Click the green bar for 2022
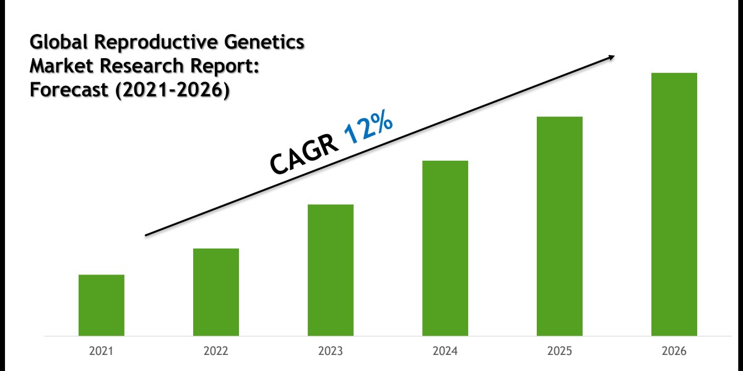(x=215, y=292)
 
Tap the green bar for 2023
(x=330, y=270)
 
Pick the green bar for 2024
(x=445, y=248)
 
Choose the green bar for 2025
(x=559, y=226)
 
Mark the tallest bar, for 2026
(x=674, y=204)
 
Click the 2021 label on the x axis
(x=101, y=352)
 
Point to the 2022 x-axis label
(x=215, y=352)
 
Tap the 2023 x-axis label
(x=330, y=352)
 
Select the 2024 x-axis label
(x=445, y=352)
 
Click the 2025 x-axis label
(x=559, y=352)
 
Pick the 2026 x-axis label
(x=674, y=352)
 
